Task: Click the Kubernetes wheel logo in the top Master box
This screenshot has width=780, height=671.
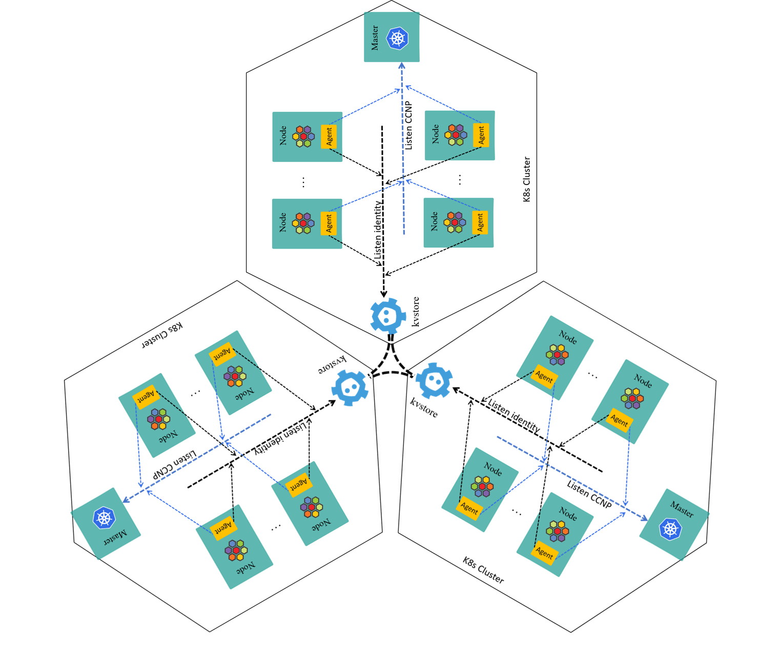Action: click(398, 38)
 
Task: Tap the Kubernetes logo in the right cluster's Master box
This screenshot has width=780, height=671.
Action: click(670, 528)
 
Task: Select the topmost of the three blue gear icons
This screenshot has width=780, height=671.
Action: click(388, 316)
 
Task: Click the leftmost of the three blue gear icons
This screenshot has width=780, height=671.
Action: click(350, 388)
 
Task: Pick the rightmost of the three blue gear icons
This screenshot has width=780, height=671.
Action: click(434, 380)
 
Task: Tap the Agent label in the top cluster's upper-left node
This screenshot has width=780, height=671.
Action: click(329, 136)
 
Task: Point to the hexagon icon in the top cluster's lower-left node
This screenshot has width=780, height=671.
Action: click(303, 223)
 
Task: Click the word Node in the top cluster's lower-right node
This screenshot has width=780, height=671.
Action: click(435, 221)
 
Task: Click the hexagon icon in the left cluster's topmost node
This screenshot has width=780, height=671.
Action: click(235, 376)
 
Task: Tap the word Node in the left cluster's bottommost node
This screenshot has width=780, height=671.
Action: click(245, 568)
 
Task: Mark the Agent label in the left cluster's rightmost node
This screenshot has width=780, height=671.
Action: click(298, 484)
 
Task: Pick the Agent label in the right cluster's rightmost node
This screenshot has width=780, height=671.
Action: click(619, 420)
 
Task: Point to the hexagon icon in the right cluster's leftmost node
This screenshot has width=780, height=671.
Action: click(482, 486)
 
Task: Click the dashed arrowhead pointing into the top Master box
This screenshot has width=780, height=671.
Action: click(402, 66)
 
